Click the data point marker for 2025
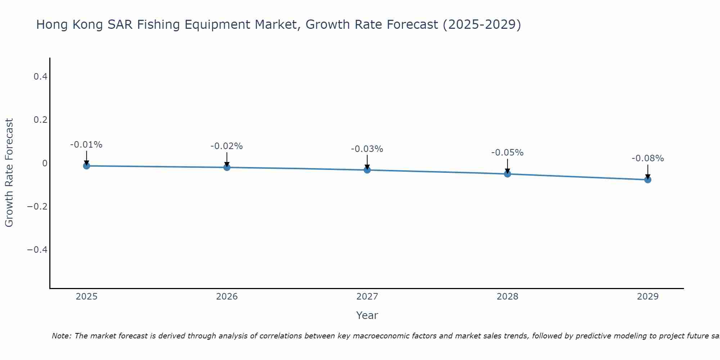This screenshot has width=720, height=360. (86, 166)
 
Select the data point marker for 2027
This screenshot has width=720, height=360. (367, 170)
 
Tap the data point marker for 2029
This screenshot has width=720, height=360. (648, 179)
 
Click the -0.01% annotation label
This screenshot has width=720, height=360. (86, 145)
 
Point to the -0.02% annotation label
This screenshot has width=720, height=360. (227, 146)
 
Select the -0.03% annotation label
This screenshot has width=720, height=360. (367, 149)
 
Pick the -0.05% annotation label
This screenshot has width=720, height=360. (507, 153)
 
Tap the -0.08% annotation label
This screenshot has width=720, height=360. (648, 158)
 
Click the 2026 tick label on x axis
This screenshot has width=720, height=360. (227, 297)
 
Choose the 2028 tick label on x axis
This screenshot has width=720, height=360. (507, 297)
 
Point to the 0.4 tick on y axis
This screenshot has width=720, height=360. (40, 77)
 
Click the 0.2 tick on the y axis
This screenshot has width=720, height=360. (40, 120)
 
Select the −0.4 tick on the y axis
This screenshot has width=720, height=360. (37, 249)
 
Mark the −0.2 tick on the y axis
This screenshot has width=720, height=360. (37, 206)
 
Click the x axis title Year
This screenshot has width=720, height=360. (367, 315)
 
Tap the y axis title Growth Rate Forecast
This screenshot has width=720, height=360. (9, 173)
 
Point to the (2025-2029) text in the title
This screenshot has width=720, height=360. (482, 24)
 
